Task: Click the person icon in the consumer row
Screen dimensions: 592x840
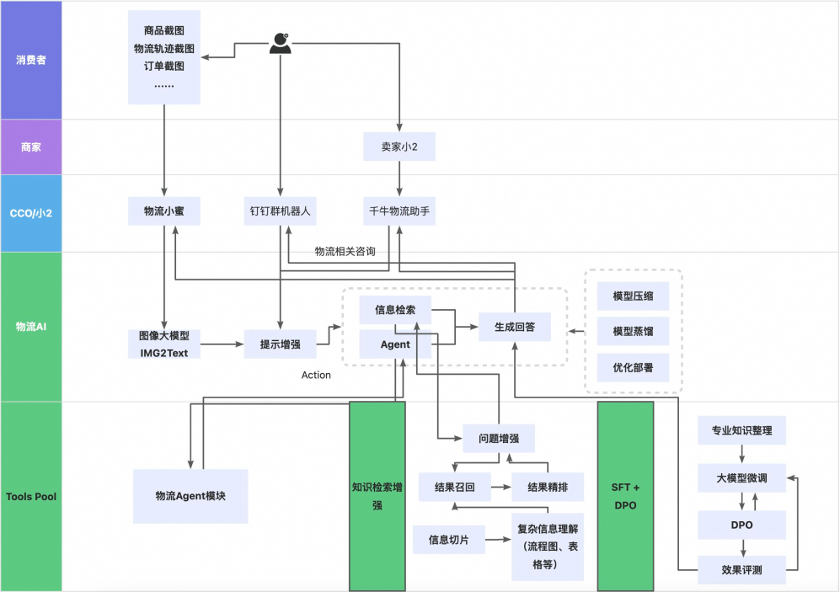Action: (280, 44)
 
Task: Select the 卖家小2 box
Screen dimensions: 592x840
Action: (399, 147)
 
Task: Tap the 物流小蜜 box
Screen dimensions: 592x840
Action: (164, 211)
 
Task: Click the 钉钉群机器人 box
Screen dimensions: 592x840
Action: (280, 211)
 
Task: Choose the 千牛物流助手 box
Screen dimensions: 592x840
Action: (399, 211)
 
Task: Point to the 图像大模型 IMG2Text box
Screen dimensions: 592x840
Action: (164, 344)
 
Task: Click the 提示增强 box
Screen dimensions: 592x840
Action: (280, 344)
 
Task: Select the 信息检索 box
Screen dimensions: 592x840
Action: (395, 309)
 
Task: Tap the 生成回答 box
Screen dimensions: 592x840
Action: (514, 327)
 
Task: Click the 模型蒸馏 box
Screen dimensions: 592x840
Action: (634, 331)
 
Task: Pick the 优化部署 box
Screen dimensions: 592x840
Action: (634, 368)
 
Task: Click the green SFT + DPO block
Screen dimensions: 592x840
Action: (625, 496)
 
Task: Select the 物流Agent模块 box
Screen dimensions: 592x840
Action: (190, 496)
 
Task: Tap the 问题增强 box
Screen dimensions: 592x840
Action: (499, 439)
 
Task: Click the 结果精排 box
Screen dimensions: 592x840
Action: (548, 487)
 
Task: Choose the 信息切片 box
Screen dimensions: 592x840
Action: (449, 539)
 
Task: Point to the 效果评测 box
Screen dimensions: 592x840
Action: (741, 569)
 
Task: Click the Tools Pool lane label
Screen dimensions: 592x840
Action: (31, 496)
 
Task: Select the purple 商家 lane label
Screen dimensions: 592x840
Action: (31, 147)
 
